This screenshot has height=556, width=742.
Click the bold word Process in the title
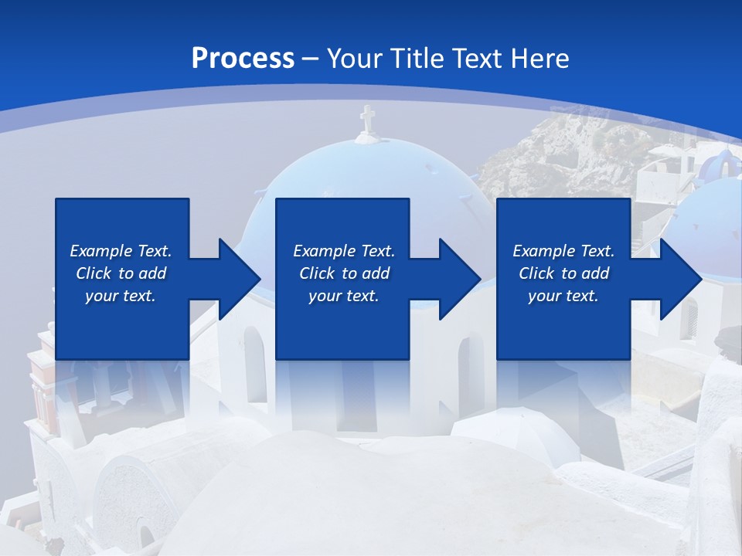point(243,59)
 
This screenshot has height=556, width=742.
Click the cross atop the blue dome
point(367,120)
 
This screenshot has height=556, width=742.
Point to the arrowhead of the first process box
point(240,279)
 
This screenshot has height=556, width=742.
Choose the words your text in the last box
point(563,296)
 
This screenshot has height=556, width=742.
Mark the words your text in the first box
point(121,296)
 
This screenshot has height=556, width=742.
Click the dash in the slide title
point(310,59)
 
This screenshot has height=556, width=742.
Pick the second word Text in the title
point(475,59)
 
